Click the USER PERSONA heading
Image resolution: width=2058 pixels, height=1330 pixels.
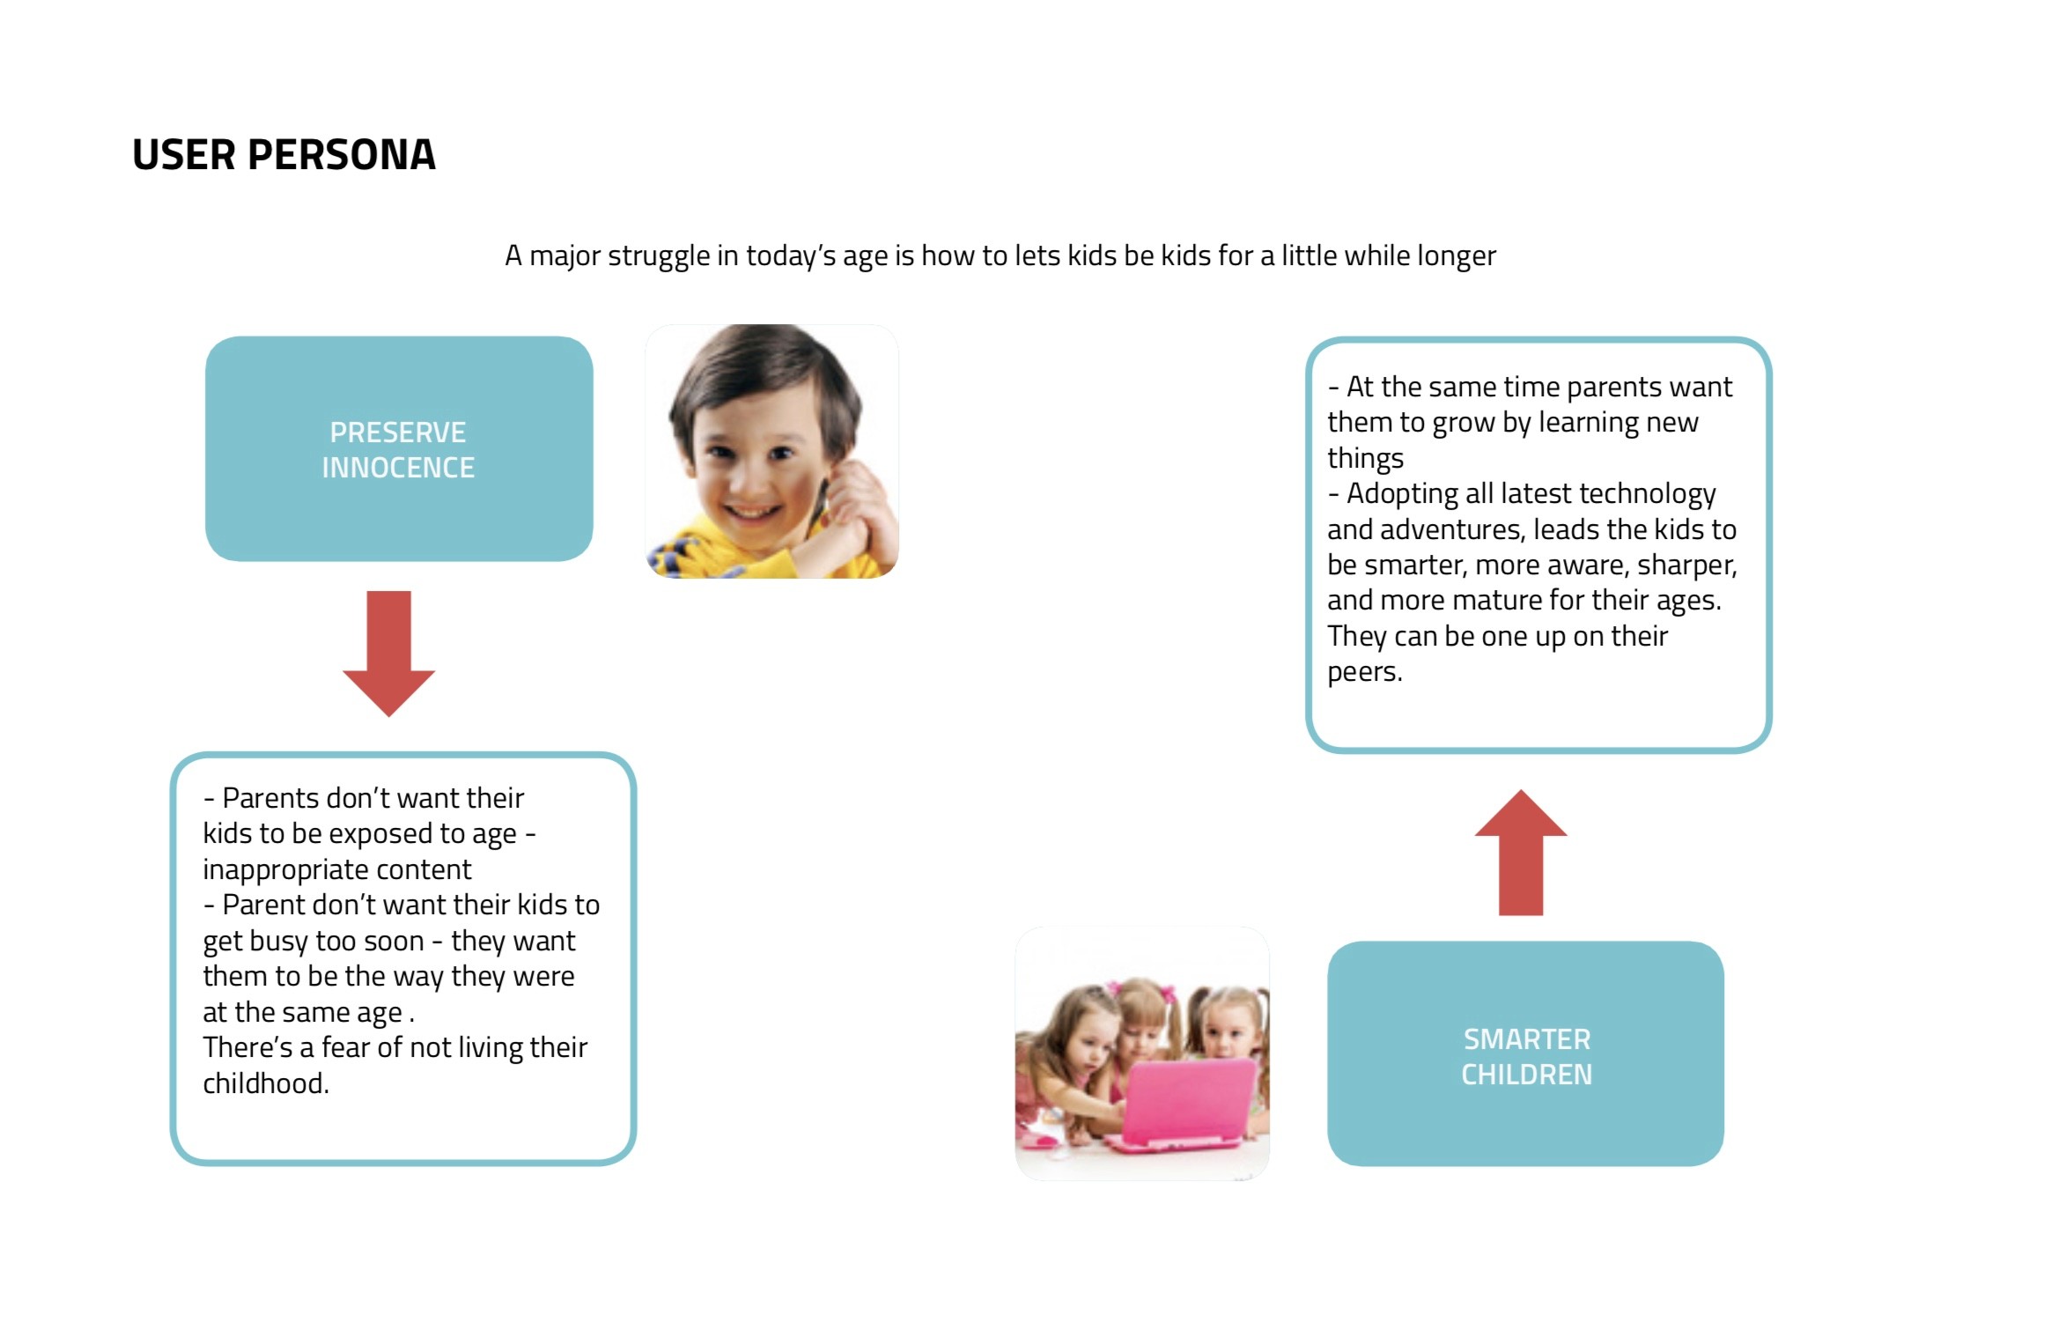pyautogui.click(x=284, y=155)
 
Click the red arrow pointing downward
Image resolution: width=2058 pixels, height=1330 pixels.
pyautogui.click(x=388, y=652)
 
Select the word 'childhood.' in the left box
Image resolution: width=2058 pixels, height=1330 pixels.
pyautogui.click(x=266, y=1083)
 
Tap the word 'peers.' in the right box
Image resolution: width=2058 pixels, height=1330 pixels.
pyautogui.click(x=1364, y=672)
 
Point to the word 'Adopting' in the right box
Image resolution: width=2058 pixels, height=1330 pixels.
pyautogui.click(x=1402, y=494)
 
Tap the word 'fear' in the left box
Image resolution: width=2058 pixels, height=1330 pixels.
pyautogui.click(x=361, y=1048)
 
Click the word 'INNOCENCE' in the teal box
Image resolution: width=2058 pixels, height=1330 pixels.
pyautogui.click(x=398, y=468)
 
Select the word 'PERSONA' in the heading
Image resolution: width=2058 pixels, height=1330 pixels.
pyautogui.click(x=342, y=155)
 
